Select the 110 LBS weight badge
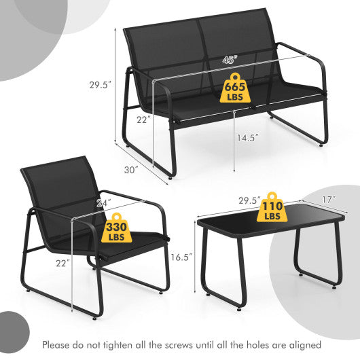tap(272, 207)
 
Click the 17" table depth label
tap(330, 200)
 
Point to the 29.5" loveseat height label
tap(100, 85)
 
